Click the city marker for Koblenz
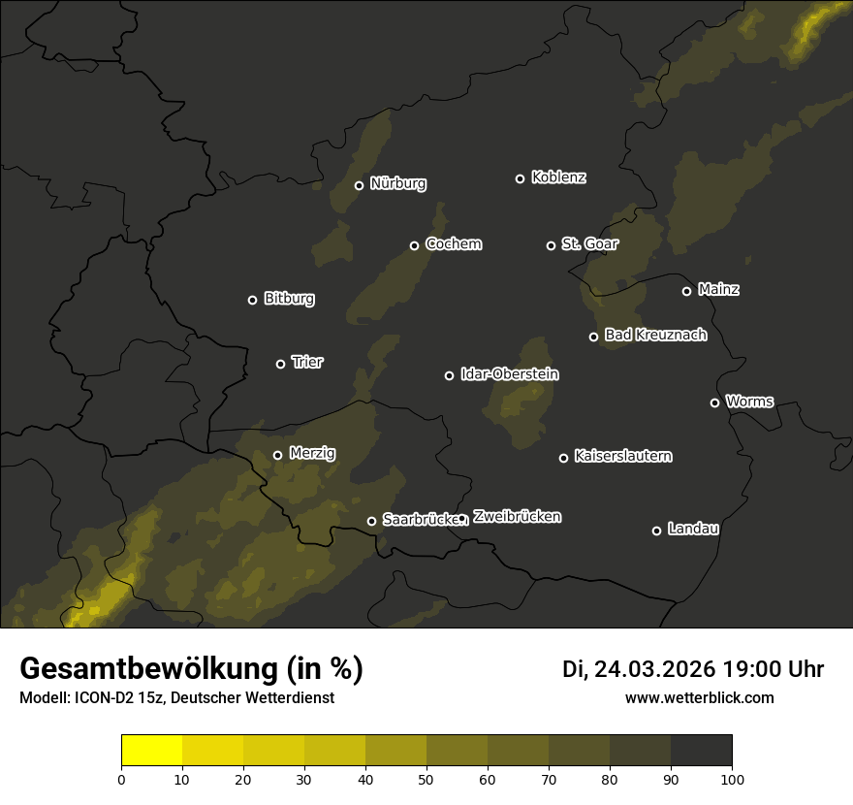tap(520, 178)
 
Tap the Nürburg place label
tap(397, 183)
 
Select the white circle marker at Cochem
tap(414, 245)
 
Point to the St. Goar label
tap(589, 243)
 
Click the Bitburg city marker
tap(252, 300)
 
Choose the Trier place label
tap(307, 362)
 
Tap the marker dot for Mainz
tap(686, 291)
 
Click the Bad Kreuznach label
tap(655, 335)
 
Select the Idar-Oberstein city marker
tap(449, 375)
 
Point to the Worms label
tap(749, 401)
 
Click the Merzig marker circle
tap(277, 455)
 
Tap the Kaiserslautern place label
tap(622, 456)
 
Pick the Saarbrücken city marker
tap(371, 521)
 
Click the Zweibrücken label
tap(517, 516)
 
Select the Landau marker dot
tap(656, 531)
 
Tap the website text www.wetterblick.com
tap(699, 697)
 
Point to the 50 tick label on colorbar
tap(426, 778)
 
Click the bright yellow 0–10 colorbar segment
tap(151, 751)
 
